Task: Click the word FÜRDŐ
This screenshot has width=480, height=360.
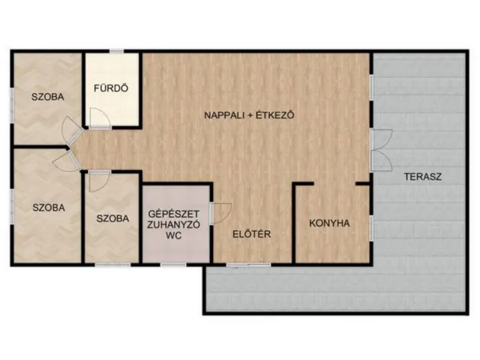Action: pyautogui.click(x=111, y=88)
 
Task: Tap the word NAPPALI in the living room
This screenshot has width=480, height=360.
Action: pyautogui.click(x=226, y=115)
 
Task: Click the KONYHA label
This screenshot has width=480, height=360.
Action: pyautogui.click(x=330, y=223)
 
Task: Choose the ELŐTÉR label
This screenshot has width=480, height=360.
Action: pyautogui.click(x=251, y=233)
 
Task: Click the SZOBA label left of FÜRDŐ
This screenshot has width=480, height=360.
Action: pyautogui.click(x=46, y=97)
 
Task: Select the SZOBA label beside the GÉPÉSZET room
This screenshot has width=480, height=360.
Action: pyautogui.click(x=113, y=219)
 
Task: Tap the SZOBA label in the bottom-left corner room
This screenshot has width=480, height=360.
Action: pyautogui.click(x=46, y=207)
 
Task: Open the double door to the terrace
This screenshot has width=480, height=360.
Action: pyautogui.click(x=382, y=147)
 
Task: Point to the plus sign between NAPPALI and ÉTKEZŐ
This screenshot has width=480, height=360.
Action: pyautogui.click(x=250, y=115)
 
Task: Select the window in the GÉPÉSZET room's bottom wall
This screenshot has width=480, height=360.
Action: pyautogui.click(x=174, y=264)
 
